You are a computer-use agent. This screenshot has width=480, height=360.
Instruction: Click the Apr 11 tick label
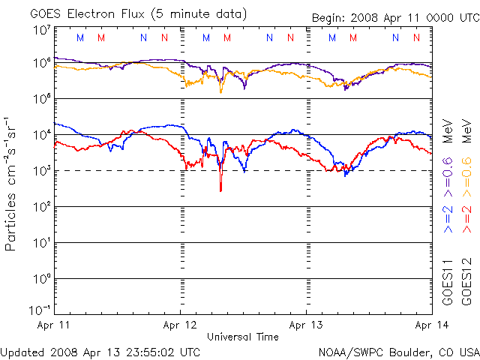pos(53,325)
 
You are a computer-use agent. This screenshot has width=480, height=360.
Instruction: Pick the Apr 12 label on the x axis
pos(180,325)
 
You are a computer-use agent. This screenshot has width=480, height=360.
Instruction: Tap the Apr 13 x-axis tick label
pos(306,325)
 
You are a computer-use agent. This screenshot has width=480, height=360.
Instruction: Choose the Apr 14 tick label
pos(430,325)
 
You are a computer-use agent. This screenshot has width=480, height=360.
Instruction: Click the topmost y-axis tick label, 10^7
pos(41,31)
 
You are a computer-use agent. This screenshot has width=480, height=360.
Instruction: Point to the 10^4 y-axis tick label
pos(41,134)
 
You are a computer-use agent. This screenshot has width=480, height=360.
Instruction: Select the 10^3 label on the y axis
pos(41,170)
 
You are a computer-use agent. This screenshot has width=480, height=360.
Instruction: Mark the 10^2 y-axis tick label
pos(41,206)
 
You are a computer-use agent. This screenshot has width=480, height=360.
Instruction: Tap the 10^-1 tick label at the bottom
pos(40,310)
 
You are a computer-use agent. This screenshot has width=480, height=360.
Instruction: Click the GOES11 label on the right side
pos(447,280)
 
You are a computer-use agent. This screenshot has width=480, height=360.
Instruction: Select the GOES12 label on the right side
pos(465,280)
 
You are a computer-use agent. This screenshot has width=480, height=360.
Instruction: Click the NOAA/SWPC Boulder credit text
pos(398,351)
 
